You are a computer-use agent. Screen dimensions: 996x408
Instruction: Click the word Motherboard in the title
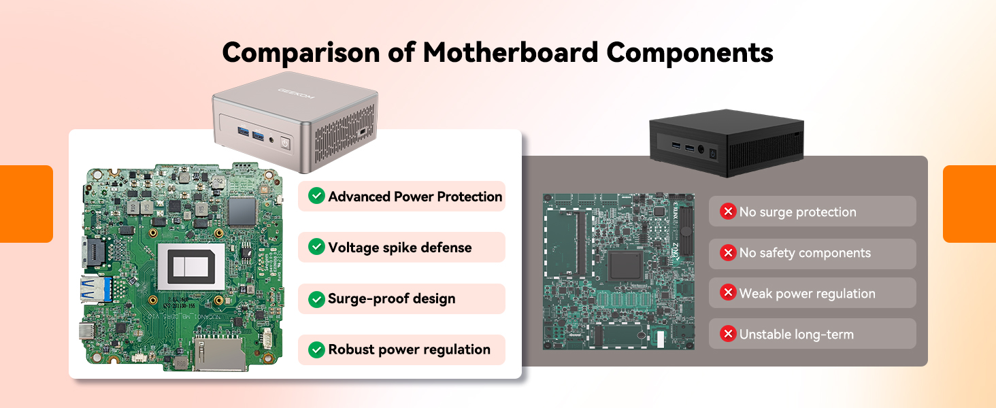[510, 52]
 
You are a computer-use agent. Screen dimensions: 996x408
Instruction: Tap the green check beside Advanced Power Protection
[316, 196]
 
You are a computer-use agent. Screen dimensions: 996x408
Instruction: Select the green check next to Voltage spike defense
[316, 247]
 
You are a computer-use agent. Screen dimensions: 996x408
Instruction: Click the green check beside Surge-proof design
[316, 299]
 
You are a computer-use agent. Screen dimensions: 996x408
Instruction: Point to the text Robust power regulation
[409, 350]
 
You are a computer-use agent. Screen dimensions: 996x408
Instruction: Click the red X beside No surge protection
[728, 211]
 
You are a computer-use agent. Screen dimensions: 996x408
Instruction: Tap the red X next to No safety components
[728, 253]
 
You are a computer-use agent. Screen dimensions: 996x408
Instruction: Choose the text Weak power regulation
[807, 294]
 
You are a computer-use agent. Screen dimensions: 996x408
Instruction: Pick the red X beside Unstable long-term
[728, 333]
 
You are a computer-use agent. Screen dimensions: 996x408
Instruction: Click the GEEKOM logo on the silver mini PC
[296, 93]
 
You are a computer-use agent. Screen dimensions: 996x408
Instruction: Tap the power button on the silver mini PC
[285, 143]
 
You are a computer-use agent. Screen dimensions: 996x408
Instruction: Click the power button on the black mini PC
[713, 154]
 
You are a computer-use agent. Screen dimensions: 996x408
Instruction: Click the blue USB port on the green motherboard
[97, 289]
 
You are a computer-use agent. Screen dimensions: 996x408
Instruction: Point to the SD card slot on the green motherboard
[220, 354]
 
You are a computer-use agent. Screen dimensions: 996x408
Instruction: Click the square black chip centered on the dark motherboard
[626, 266]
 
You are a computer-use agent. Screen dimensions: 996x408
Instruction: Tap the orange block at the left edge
[27, 204]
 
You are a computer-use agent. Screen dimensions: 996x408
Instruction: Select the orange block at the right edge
[969, 204]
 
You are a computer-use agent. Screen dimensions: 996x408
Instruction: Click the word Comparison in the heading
[301, 53]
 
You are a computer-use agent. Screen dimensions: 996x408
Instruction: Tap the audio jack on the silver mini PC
[271, 140]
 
